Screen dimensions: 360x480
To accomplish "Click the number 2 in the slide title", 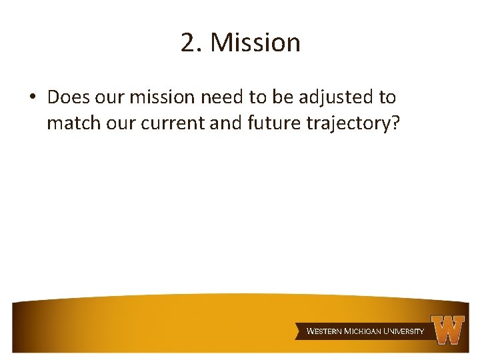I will pyautogui.click(x=187, y=43).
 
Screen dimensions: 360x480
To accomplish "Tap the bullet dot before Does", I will pyautogui.click(x=32, y=98).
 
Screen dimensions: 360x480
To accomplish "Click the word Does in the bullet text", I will pyautogui.click(x=69, y=97).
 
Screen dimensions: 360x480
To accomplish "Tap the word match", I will pyautogui.click(x=72, y=123).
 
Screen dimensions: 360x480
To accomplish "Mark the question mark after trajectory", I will pyautogui.click(x=395, y=123).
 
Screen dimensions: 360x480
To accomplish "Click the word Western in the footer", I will pyautogui.click(x=324, y=331).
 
